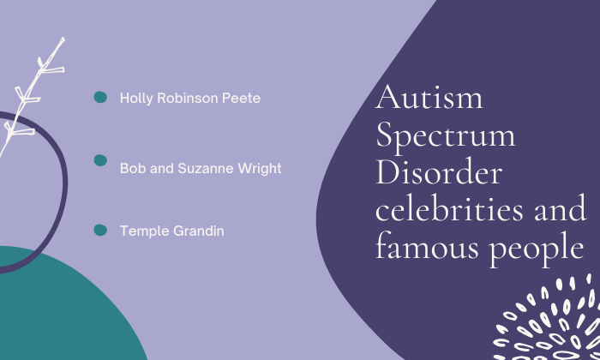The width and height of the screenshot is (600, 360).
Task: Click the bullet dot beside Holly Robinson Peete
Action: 100,97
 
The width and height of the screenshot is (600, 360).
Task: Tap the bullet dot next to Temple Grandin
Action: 100,230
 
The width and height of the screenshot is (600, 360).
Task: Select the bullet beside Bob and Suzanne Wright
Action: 100,160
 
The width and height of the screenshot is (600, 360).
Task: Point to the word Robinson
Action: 188,98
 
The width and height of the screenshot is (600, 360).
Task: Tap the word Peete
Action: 242,99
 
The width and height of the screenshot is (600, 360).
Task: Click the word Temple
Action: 144,231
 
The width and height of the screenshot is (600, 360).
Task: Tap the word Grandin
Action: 199,231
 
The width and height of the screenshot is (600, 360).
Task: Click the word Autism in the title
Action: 429,97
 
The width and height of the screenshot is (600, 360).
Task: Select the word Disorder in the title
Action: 439,171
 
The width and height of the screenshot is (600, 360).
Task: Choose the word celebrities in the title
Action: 449,207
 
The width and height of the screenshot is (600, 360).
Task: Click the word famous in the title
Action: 427,245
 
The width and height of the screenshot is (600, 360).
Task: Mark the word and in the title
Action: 561,207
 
